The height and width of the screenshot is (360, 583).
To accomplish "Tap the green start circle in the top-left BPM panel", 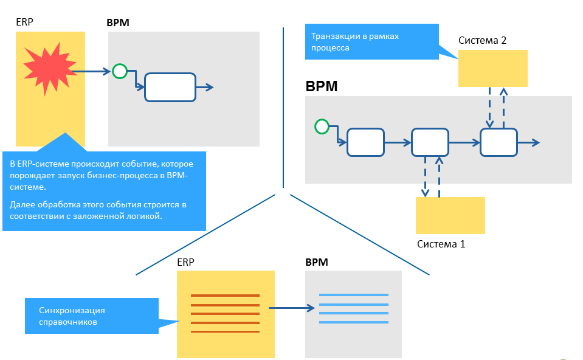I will coord(120,71).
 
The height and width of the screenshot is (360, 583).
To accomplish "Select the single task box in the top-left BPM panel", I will coord(170,87).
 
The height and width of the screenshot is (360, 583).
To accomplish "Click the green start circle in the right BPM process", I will coord(322,126).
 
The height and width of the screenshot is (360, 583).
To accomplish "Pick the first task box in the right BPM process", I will coord(365,142).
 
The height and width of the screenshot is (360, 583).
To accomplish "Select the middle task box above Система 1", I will coord(430,142).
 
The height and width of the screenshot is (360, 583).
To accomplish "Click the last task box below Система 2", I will coord(498,142).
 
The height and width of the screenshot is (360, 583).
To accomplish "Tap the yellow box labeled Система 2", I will coord(492,68).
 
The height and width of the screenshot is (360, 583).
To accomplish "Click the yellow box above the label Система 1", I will coord(450,215).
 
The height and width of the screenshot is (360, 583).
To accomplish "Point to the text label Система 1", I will coord(441,244).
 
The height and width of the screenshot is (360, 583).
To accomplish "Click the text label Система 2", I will coord(483,41).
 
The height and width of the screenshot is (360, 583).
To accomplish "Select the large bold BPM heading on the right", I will coord(321,86).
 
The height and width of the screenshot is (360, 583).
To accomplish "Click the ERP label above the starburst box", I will coord(25,22).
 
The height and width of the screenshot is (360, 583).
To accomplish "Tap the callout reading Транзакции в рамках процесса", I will coord(371,41).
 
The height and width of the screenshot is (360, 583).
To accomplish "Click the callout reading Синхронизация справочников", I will coord(91,315).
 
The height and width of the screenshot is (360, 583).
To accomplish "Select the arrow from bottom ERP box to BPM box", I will coord(293,308).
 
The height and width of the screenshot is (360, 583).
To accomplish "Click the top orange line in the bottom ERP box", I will coord(225,296).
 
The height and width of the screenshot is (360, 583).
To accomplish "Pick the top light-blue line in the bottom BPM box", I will coord(353,296).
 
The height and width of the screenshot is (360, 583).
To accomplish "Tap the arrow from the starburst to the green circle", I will coord(97,71).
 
